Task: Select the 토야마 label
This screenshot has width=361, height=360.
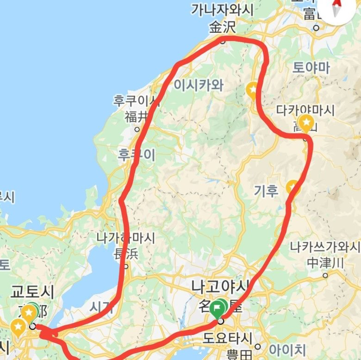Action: [311, 68]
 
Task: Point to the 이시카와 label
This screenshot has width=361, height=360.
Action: [199, 85]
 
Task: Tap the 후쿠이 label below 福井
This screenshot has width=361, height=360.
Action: [137, 155]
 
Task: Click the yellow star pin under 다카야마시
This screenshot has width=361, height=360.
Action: [305, 123]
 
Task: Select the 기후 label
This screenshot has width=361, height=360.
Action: [266, 190]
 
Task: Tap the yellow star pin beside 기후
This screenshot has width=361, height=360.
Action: [293, 187]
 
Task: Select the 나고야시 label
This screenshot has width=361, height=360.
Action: [220, 286]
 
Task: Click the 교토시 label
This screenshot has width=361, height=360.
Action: [32, 292]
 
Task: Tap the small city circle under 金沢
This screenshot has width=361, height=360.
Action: [223, 40]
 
